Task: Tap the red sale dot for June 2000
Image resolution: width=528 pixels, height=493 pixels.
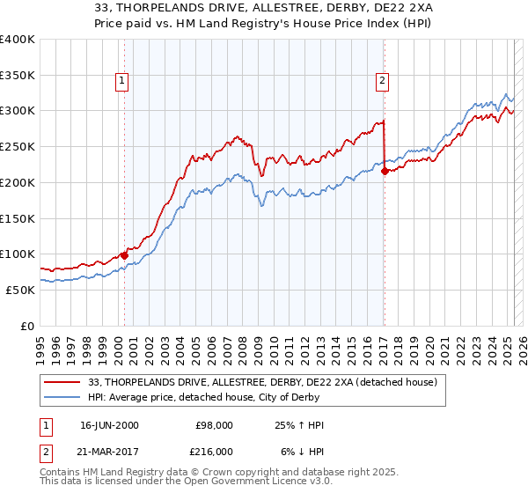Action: click(124, 255)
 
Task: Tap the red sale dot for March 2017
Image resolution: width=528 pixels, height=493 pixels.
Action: click(385, 171)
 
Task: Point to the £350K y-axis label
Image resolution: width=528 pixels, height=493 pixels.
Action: click(18, 76)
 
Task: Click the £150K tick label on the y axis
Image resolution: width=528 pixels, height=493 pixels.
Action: click(18, 218)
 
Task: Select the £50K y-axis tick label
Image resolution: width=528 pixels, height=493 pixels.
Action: click(21, 290)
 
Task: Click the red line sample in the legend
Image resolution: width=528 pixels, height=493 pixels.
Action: click(63, 382)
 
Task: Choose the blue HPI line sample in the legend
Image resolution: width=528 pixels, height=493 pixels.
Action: click(63, 398)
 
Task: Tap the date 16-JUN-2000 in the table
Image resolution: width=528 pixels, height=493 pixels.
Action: click(109, 425)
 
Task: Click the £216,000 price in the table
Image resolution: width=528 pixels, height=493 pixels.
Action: click(215, 451)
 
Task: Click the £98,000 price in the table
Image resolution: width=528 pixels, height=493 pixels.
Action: click(215, 425)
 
